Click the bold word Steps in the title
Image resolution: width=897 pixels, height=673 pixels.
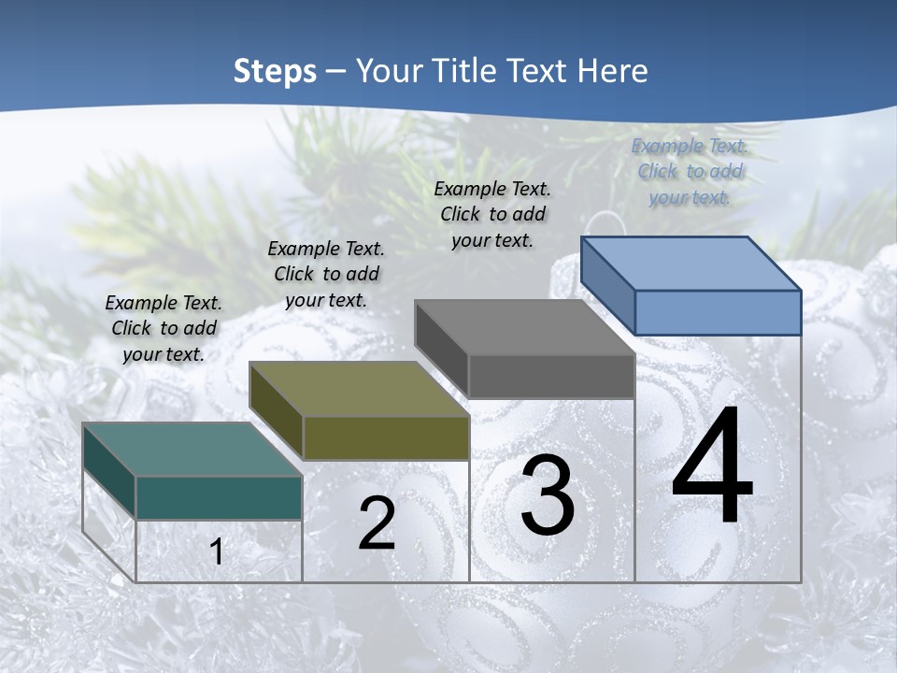(275, 71)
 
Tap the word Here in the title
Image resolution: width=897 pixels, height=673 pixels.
(612, 71)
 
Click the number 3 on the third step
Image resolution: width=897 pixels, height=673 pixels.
(548, 495)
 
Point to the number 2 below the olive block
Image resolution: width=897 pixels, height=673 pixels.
(377, 523)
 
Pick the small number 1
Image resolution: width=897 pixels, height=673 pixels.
(217, 552)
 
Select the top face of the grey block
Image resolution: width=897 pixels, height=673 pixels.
(524, 327)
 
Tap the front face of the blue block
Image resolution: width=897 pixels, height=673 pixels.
(718, 312)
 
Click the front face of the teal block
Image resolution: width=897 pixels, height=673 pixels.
(219, 497)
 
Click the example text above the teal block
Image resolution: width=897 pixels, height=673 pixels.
(164, 328)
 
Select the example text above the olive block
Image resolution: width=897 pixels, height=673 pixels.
(326, 274)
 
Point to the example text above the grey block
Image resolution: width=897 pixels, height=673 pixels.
(492, 214)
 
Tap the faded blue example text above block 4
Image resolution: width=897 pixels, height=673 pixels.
(690, 171)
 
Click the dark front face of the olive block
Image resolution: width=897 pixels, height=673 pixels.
(385, 437)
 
